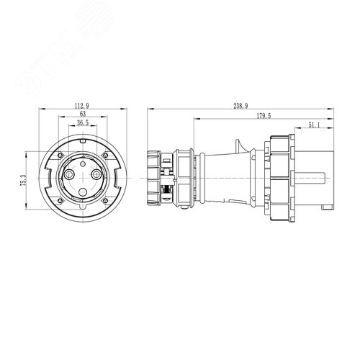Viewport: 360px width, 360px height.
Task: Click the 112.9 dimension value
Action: click(x=82, y=105)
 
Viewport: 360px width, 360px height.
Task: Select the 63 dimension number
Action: click(x=83, y=114)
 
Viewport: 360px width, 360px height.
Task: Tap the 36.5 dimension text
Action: click(x=83, y=123)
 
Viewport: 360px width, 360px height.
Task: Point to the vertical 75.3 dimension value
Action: click(x=23, y=180)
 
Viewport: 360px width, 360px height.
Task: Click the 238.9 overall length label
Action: click(x=240, y=106)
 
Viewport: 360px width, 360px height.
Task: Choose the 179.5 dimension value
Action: click(x=264, y=116)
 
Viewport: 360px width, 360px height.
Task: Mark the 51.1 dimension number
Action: click(x=314, y=125)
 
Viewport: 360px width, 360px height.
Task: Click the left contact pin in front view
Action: click(x=69, y=174)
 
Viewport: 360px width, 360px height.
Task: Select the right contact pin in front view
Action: click(x=96, y=174)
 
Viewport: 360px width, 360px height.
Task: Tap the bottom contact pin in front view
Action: click(x=83, y=192)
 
